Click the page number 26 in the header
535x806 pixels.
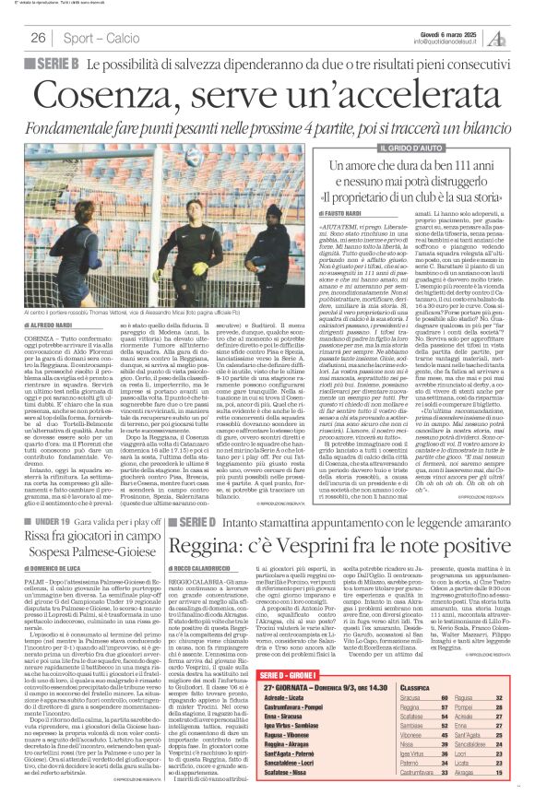pyautogui.click(x=38, y=38)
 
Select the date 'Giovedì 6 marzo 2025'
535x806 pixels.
pyautogui.click(x=449, y=33)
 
